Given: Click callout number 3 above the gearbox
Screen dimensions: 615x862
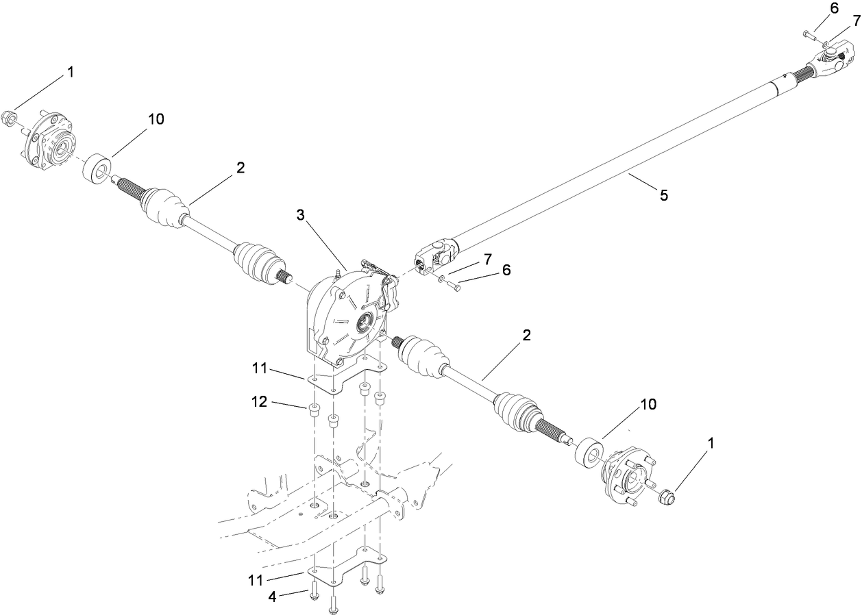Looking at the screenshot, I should click(300, 216).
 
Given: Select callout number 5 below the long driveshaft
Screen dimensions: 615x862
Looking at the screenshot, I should click(663, 195).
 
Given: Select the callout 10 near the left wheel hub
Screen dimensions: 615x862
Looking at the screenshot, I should click(156, 118).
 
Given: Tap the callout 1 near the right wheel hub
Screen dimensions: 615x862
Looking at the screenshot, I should click(710, 443).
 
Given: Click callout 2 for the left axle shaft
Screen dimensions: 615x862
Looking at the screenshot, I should click(240, 168).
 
